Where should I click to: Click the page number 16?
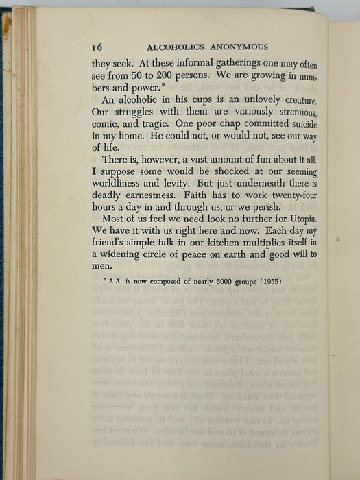pyautogui.click(x=97, y=47)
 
